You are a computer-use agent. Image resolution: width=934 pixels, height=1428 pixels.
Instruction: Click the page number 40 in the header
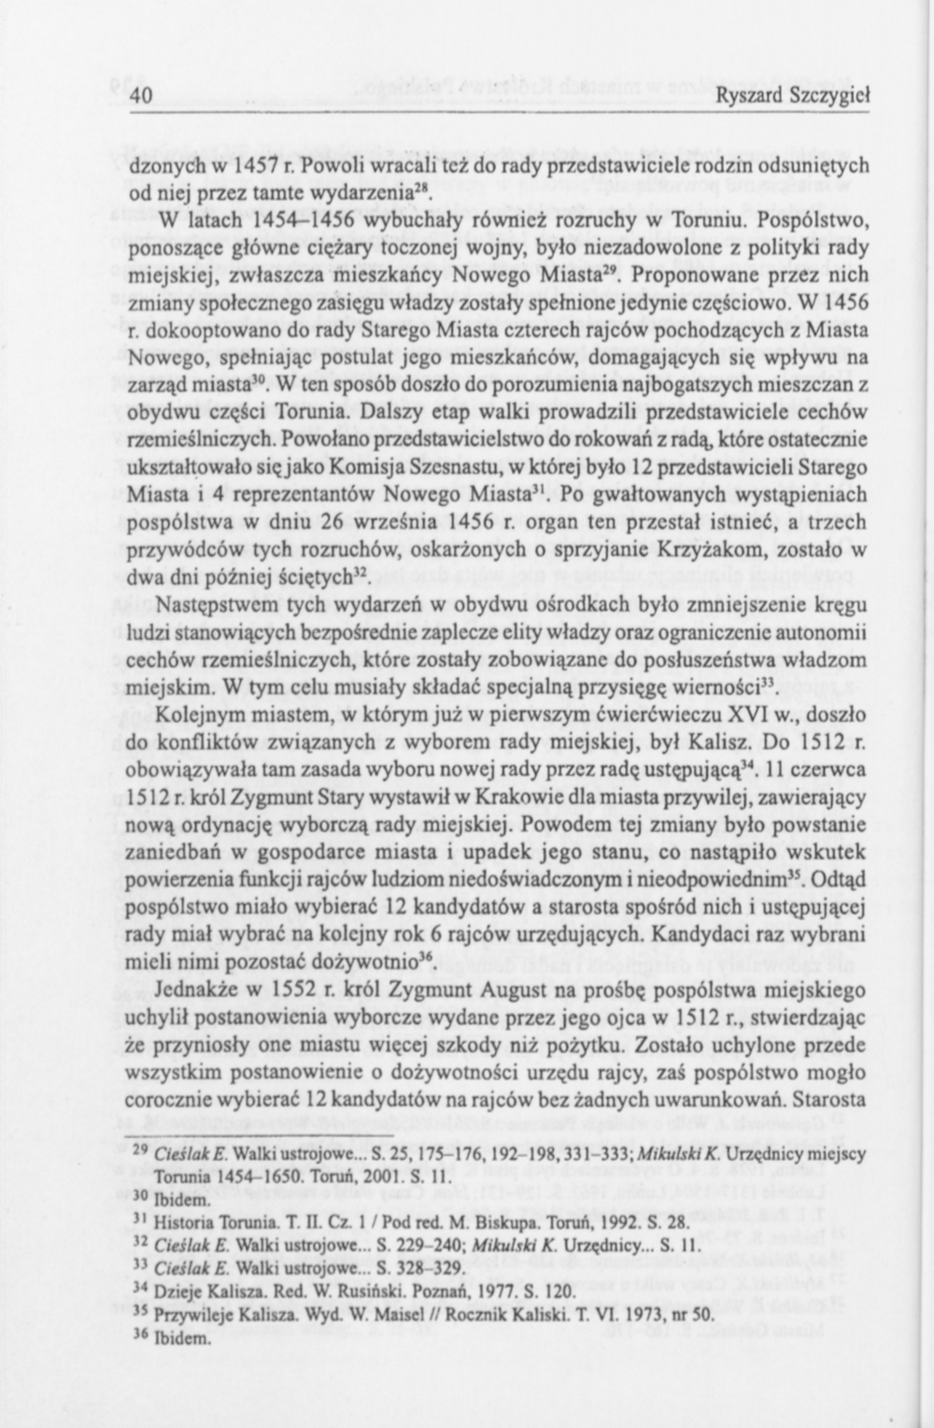coord(141,96)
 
